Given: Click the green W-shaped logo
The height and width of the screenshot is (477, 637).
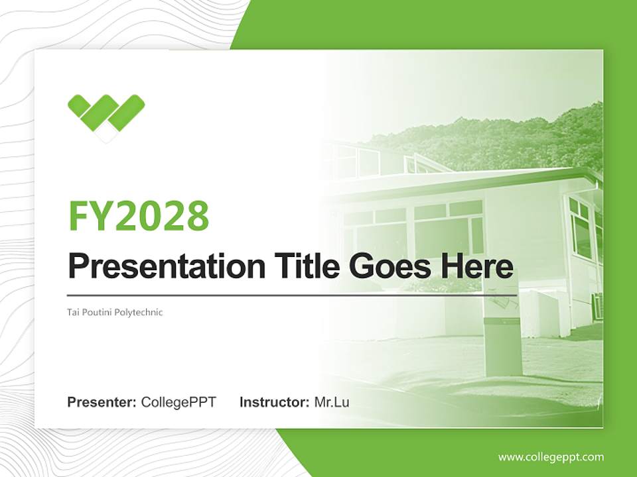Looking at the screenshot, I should coord(106,114).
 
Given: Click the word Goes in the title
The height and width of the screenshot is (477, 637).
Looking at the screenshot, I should coord(389,266).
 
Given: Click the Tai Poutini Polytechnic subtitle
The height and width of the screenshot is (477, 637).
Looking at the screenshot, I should coord(115,312).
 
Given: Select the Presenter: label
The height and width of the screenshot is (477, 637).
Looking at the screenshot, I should coord(102,402).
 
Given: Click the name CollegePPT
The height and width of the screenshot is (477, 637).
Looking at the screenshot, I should coord(178,402).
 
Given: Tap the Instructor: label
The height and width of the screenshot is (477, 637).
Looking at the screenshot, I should coord(274,402).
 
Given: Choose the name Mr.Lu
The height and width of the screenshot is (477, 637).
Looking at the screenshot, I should coord(332,402).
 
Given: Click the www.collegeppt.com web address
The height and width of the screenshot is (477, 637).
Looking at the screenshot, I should coord(551,457).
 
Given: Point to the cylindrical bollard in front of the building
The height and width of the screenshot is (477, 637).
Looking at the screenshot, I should coord(502,344).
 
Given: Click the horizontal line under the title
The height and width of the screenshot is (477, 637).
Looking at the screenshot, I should coord(292,295).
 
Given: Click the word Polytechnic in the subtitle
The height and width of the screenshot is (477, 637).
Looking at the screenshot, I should coord(140,312).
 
